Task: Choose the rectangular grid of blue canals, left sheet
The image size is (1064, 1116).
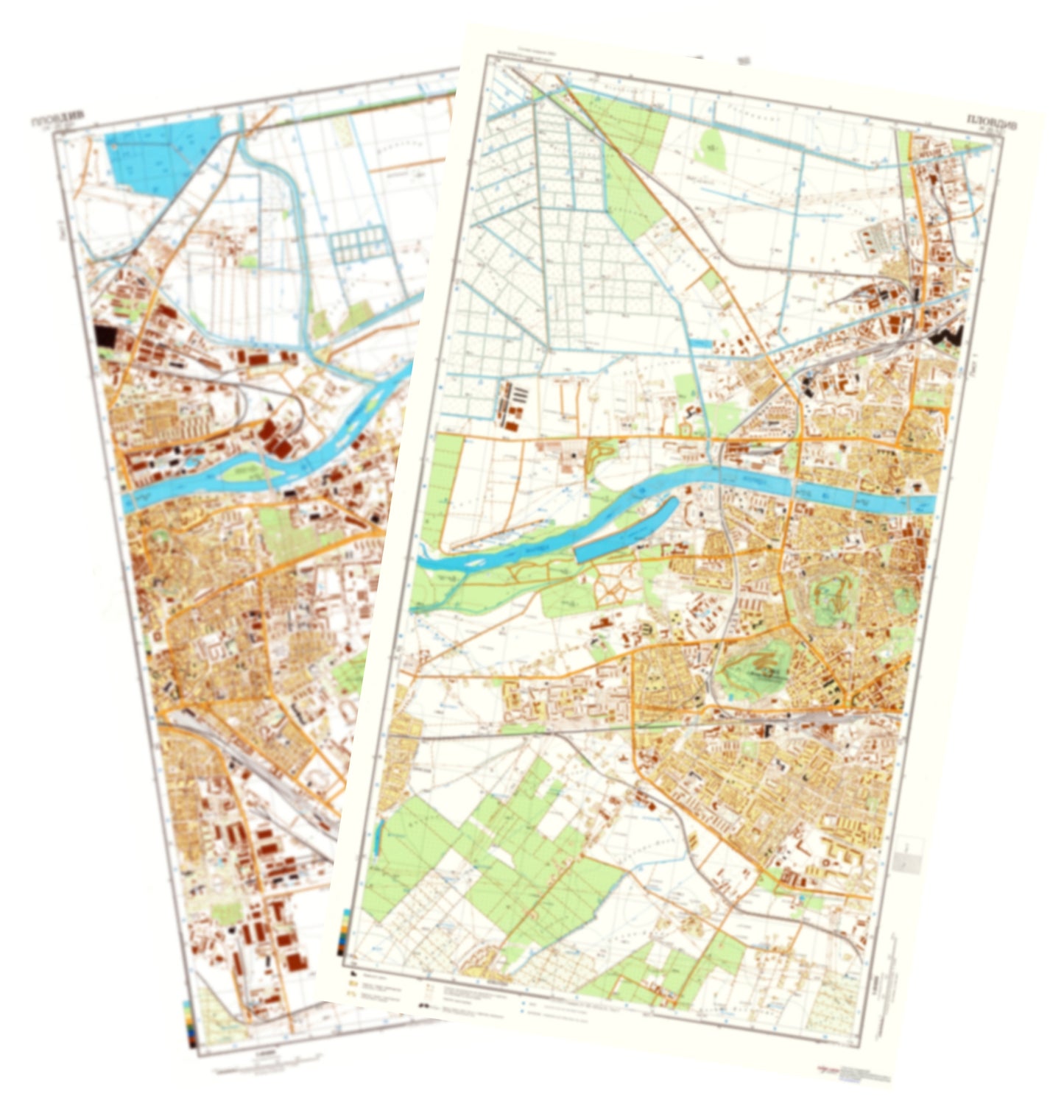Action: pos(358,243)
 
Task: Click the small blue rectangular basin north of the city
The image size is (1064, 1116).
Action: pos(701,343)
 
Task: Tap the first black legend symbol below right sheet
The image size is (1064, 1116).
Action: pos(424,1004)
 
